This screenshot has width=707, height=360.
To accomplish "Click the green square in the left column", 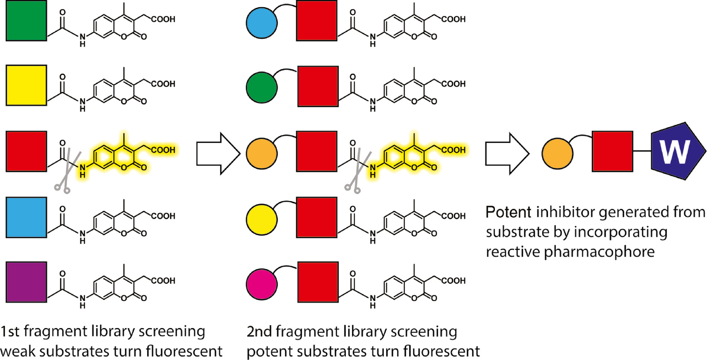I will click(x=26, y=21).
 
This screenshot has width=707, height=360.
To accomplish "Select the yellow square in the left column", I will click(x=26, y=85).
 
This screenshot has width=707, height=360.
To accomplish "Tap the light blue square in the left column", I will click(x=26, y=217).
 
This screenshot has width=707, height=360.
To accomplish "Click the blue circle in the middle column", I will click(x=261, y=21).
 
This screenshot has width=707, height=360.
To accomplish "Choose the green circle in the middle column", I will click(x=261, y=86).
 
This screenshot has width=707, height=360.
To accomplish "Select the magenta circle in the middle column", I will click(x=261, y=282).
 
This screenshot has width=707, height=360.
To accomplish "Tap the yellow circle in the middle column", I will click(x=261, y=218).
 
